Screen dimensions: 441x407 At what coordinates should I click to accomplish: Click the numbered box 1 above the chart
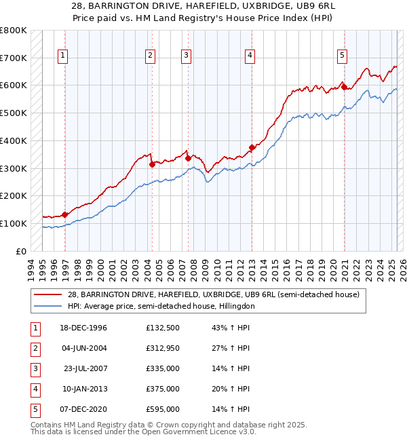63,56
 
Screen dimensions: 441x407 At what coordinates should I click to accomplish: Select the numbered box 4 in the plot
250,56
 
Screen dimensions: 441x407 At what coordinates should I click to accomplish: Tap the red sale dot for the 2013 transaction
252,147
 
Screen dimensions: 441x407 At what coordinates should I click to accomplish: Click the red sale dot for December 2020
344,87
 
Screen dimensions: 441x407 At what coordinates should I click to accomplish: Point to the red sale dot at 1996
65,214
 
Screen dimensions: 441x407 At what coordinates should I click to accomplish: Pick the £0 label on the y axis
21,251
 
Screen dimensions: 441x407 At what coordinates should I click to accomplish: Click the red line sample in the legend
47,294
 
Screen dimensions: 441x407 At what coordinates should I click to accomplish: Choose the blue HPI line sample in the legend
47,306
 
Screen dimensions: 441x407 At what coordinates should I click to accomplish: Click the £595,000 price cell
163,409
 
